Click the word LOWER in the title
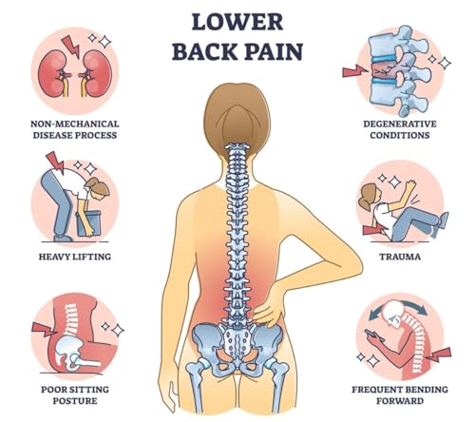coord(237,22)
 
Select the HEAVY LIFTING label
coord(75,257)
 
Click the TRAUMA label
coord(400,257)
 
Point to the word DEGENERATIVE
coord(400,124)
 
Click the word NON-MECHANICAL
coord(75,124)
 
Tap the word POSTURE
coord(75,401)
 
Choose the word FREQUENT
coord(376,390)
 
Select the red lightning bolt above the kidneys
coord(71,46)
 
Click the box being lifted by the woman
coord(89,223)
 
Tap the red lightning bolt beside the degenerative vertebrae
coord(355,70)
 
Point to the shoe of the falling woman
coord(442,221)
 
